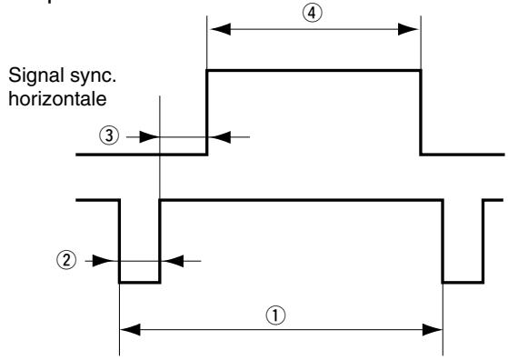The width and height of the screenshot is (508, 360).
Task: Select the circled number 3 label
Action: (106, 136)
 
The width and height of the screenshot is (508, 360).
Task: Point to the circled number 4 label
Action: (314, 13)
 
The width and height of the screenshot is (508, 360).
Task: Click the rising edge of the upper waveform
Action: (208, 112)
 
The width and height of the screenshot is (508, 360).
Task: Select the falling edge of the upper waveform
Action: (420, 112)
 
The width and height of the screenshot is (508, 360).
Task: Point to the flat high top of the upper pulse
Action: (314, 70)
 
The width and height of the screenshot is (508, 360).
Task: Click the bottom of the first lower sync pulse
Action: (139, 283)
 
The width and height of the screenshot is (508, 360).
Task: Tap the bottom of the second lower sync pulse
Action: (463, 283)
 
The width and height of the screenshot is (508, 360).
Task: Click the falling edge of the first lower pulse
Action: (120, 241)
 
